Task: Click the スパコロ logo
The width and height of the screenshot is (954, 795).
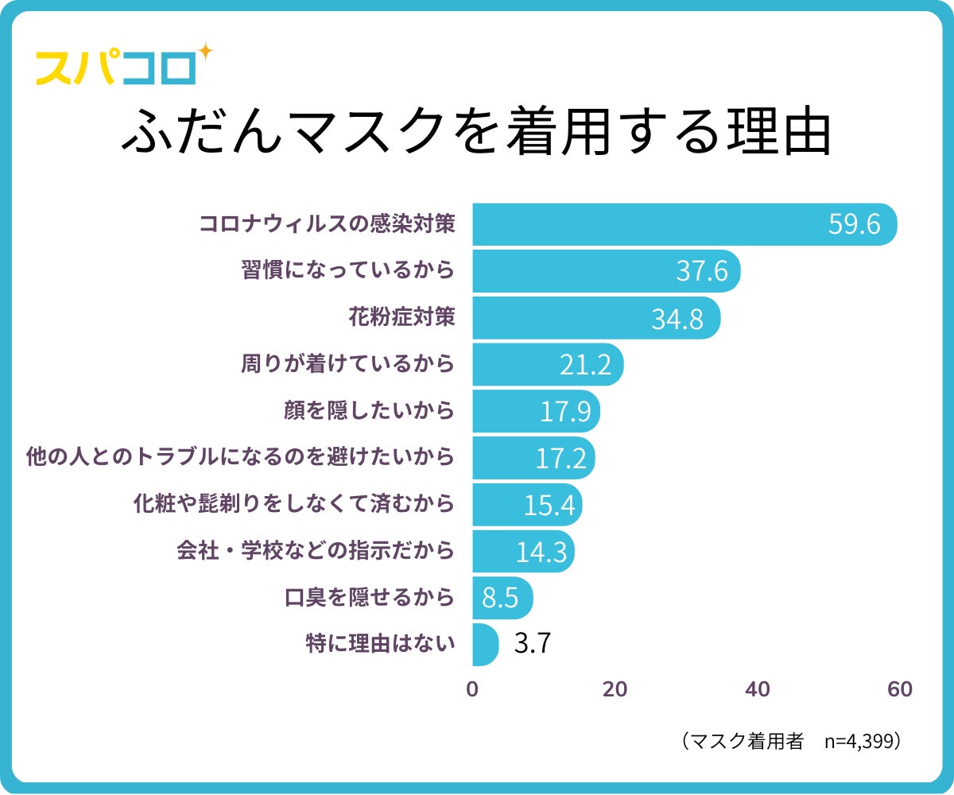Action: [x=116, y=68]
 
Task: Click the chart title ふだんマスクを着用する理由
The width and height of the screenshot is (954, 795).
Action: [x=476, y=132]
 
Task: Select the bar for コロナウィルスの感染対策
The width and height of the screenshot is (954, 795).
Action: [x=684, y=224]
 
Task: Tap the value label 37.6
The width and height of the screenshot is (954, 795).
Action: [x=702, y=271]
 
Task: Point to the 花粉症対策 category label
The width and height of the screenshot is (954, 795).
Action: [x=401, y=317]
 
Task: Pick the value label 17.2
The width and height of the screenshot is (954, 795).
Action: [x=560, y=458]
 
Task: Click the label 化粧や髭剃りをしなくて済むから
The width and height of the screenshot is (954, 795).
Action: [x=294, y=504]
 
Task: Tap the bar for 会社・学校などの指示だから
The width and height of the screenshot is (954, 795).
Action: [x=522, y=551]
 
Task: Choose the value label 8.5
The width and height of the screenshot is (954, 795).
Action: [x=501, y=598]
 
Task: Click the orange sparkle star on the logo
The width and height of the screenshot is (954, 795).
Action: [x=204, y=52]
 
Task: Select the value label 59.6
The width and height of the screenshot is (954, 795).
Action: [x=854, y=224]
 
